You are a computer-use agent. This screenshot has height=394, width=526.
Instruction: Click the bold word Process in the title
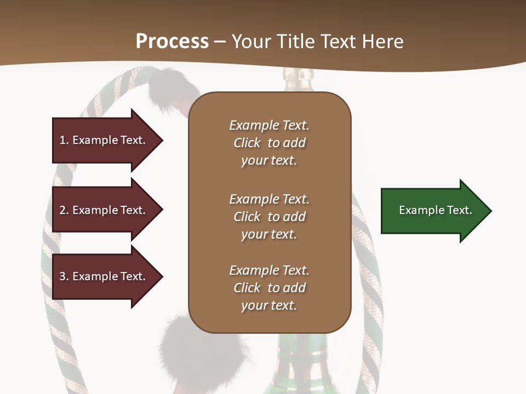[172, 42]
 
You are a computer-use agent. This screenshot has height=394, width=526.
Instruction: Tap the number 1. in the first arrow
[64, 140]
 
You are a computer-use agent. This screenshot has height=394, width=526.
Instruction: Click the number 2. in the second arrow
[64, 210]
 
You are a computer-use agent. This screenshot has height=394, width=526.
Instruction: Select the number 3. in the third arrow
[64, 276]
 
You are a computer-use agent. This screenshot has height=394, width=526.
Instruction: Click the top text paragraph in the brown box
[269, 143]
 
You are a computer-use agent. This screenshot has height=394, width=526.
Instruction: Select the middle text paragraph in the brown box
[269, 216]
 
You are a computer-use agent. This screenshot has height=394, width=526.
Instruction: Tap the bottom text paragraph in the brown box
[269, 288]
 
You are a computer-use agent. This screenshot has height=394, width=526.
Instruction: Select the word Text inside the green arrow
[459, 210]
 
